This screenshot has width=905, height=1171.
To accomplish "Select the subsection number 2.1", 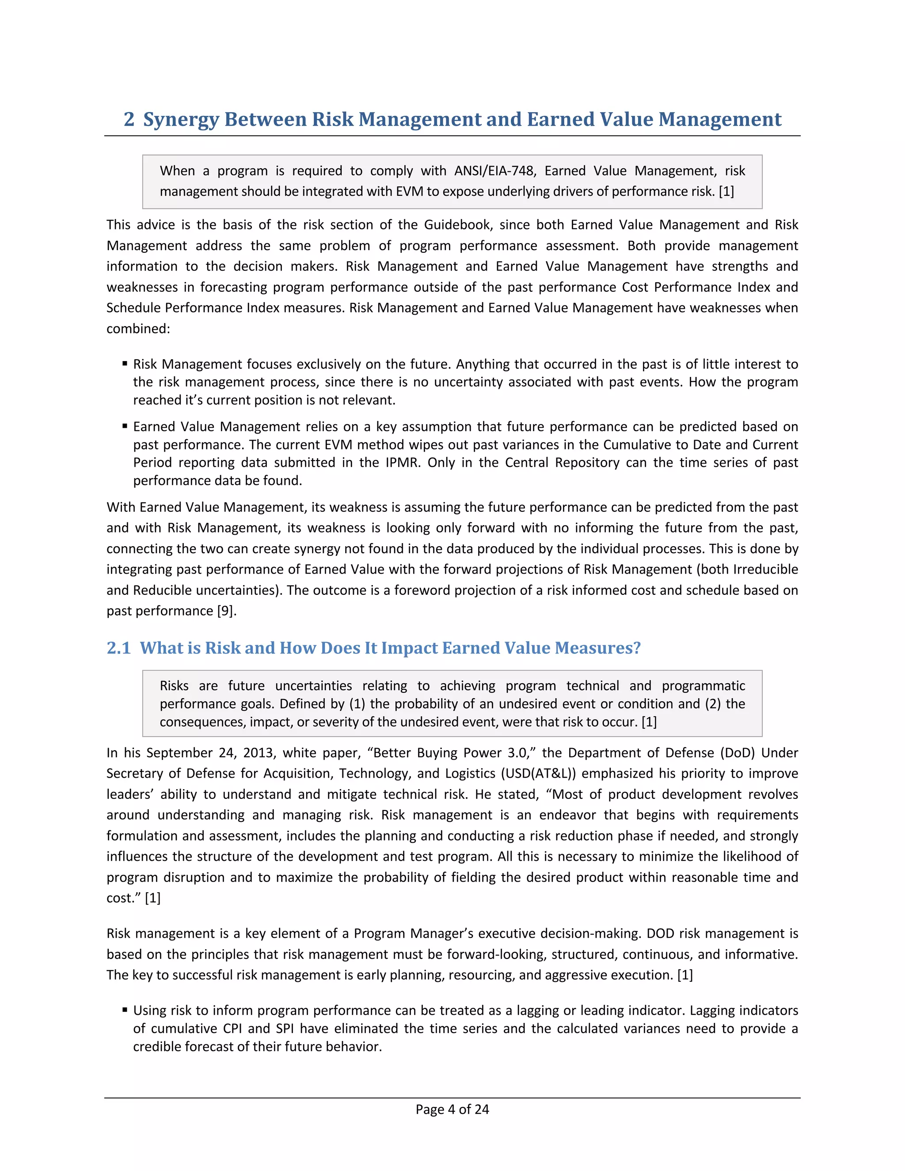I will (118, 648).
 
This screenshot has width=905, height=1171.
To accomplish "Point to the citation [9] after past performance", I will (226, 611).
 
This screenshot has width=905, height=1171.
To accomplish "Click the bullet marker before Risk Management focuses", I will (124, 364).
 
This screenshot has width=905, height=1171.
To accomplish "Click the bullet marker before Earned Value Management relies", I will (124, 426).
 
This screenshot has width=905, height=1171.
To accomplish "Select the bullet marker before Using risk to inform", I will (124, 1010).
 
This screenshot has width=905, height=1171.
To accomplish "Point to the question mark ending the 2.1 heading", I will (636, 648).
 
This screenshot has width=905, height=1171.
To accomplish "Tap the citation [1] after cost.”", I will (153, 897).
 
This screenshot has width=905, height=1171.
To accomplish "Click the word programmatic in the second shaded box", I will (703, 685).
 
